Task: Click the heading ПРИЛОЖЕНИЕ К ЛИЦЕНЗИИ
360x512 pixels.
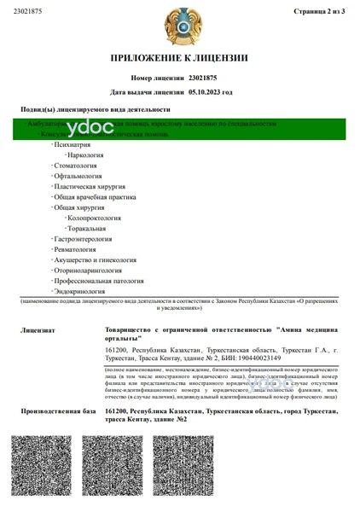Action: tap(179, 58)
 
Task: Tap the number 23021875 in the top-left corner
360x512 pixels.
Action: tap(32, 12)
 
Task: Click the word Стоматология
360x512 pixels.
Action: tap(78, 170)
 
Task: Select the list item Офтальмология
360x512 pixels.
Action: tap(80, 183)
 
